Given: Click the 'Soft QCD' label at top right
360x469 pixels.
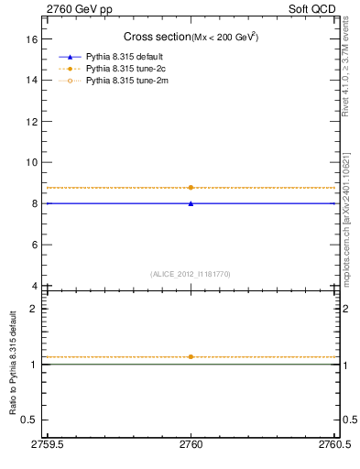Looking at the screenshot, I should (314, 8).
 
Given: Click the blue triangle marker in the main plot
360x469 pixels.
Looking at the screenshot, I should (191, 203).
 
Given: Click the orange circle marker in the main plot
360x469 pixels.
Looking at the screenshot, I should (191, 187).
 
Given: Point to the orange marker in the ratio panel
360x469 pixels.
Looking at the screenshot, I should (191, 356).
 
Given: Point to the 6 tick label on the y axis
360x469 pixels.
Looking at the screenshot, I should (34, 245).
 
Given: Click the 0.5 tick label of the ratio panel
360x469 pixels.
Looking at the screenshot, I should (29, 420).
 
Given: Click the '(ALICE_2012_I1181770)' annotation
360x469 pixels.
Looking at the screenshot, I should (191, 273).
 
